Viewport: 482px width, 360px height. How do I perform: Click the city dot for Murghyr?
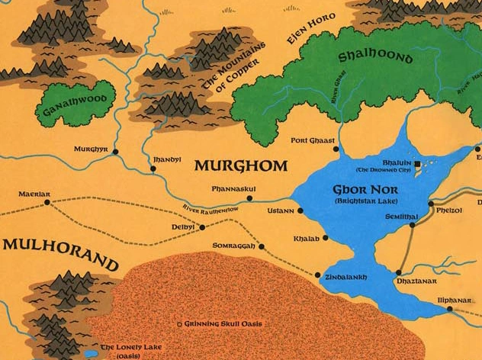(116, 151)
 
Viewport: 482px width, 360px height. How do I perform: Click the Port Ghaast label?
(313, 140)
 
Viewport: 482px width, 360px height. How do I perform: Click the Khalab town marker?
(326, 238)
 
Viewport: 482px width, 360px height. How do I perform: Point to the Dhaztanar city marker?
(399, 272)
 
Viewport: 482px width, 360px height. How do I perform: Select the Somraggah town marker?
(262, 246)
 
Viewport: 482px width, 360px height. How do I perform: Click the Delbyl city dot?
(201, 227)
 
